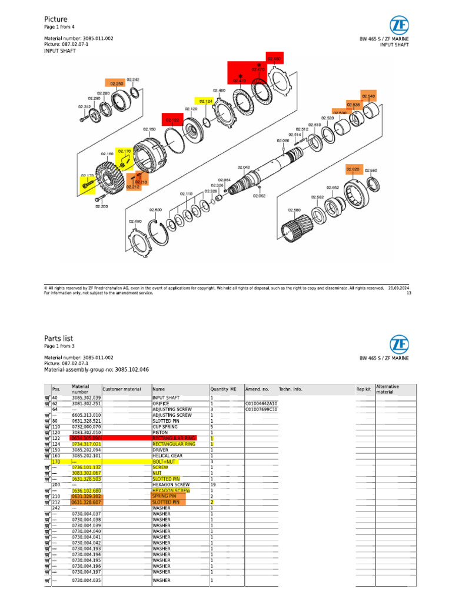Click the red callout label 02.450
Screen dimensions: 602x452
coord(274,59)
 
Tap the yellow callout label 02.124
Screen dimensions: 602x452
coord(205,101)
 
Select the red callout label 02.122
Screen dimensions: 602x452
coord(173,120)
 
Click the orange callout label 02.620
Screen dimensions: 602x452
coord(353,169)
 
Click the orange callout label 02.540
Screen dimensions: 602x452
coord(368,96)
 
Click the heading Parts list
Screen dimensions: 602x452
coord(59,338)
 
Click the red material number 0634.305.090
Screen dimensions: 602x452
coord(85,439)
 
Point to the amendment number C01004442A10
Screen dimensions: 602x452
coord(261,404)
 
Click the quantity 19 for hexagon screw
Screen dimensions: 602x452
coord(213,484)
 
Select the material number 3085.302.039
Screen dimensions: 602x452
coord(85,398)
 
